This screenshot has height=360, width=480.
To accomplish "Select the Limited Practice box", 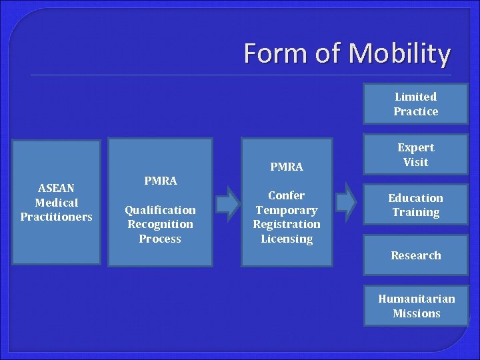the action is [x=415, y=105].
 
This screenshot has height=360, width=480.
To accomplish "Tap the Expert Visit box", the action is [x=415, y=155].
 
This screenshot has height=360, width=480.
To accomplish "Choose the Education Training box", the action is [x=415, y=205].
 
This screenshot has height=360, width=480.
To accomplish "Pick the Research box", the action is [x=415, y=255].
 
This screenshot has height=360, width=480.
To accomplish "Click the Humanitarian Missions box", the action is [x=416, y=306].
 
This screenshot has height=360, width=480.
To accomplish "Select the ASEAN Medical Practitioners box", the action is [x=56, y=203].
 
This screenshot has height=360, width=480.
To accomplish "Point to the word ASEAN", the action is [x=57, y=188].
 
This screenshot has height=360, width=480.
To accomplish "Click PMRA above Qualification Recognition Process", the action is [x=161, y=180].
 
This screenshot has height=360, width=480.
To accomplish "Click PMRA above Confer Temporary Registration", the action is [x=287, y=166].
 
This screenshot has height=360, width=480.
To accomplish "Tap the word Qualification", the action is [x=161, y=210].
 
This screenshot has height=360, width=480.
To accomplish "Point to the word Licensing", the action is [x=287, y=239].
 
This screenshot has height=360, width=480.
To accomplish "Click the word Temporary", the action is [x=287, y=210].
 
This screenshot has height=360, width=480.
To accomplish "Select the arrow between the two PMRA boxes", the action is [x=227, y=203].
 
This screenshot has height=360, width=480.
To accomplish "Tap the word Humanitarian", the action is [x=416, y=299].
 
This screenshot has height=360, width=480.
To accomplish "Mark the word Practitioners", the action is [x=57, y=217].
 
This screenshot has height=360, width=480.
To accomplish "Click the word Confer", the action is [x=287, y=195].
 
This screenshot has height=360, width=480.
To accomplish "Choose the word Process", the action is [x=160, y=239].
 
